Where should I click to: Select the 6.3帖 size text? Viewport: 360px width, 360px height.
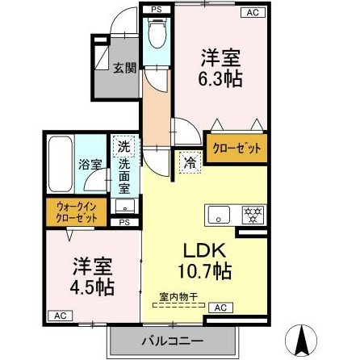[x=221, y=80]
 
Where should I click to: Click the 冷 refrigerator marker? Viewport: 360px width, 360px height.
[x=187, y=161]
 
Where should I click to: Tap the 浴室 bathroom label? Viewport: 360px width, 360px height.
[x=89, y=164]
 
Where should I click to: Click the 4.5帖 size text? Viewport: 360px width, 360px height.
[x=90, y=286]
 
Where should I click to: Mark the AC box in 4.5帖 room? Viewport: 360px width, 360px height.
[x=60, y=315]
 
